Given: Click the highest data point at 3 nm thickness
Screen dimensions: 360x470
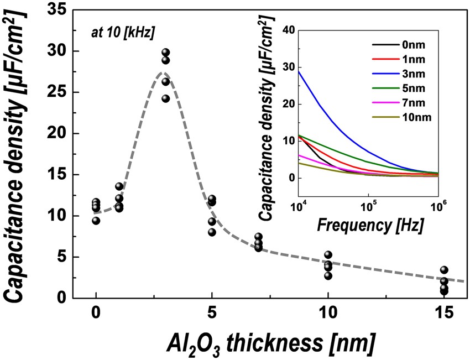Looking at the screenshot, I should [165, 53].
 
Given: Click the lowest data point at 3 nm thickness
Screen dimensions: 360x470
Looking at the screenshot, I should [165, 98].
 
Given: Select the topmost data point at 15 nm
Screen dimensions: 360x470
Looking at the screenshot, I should [444, 270].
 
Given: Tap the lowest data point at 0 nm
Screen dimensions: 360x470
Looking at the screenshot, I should [96, 220].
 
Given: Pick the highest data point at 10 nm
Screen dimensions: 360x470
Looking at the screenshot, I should [328, 255].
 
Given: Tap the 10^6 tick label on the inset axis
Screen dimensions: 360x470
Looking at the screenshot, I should [437, 207].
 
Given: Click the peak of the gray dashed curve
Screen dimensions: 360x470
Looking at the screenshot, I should [162, 72].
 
